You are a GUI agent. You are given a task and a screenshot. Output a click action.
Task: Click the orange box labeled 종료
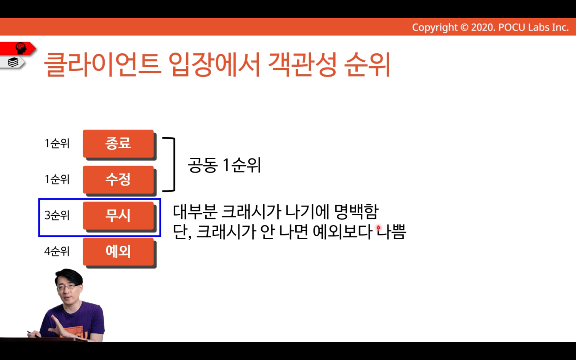(118, 144)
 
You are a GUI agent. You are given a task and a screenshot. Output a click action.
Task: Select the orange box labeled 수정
(118, 179)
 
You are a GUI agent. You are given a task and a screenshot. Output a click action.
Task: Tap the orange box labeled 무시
(118, 216)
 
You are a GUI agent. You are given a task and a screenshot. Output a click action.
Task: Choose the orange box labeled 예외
(118, 251)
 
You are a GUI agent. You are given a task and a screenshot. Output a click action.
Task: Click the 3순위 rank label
(57, 215)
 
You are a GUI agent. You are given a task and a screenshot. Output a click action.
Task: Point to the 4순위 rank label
(57, 251)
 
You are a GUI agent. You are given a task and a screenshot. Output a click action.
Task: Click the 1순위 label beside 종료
(57, 143)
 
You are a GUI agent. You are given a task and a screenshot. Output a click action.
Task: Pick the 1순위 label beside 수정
(57, 179)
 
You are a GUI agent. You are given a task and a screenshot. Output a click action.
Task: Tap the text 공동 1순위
(224, 165)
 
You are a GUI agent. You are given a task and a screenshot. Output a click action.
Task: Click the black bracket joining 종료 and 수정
(174, 165)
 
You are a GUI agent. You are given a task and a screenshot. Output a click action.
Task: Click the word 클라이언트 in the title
(102, 64)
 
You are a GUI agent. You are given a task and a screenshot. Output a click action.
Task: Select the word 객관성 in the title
(302, 64)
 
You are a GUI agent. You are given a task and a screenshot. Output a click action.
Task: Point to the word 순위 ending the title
(368, 64)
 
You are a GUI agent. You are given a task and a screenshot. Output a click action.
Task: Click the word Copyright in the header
(435, 27)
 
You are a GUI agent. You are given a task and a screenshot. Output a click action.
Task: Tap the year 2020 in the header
(483, 27)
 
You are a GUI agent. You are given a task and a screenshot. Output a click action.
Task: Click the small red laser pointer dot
(379, 228)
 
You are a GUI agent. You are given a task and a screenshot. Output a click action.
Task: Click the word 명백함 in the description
(357, 212)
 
